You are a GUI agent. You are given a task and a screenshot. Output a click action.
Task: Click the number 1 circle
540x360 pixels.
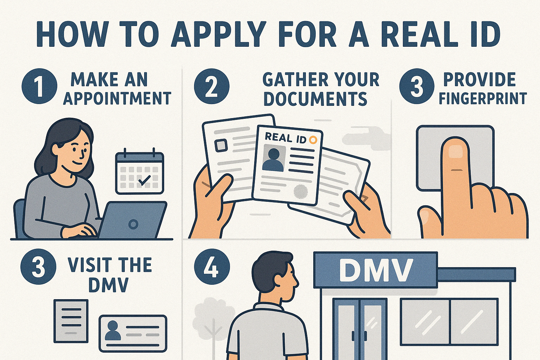[x=39, y=86]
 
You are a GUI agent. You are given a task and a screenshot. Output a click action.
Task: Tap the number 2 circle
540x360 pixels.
[x=212, y=86]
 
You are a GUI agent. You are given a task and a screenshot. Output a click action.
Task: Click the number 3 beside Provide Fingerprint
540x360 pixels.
[x=417, y=86]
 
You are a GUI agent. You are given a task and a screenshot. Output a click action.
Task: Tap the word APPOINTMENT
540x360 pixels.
[x=117, y=98]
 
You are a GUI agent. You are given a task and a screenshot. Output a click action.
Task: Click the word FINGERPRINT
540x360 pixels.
[x=483, y=98]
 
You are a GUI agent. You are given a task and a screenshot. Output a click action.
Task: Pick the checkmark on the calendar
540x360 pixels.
[x=144, y=181]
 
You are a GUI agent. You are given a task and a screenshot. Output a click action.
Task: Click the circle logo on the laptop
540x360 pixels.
[x=133, y=224]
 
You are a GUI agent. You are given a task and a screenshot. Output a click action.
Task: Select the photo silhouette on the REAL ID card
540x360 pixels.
[x=273, y=160]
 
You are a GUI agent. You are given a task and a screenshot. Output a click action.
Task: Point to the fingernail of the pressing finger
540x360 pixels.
[x=456, y=150]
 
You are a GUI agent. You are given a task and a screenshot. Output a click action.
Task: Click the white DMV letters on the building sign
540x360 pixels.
[x=376, y=270]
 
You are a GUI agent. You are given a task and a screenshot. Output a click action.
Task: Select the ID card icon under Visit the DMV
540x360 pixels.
[x=133, y=333]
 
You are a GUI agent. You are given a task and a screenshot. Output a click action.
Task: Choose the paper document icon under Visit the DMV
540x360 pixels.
[x=71, y=321]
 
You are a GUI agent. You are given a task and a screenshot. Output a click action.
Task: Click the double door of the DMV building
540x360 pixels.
[x=360, y=329]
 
